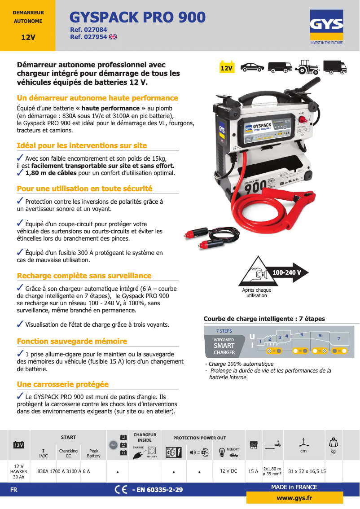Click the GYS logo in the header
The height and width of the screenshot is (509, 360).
[x=326, y=26]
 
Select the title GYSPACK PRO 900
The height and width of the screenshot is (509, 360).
[x=138, y=17]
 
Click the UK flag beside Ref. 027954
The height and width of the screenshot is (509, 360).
[x=113, y=37]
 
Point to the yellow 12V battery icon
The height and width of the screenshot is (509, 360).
[x=227, y=67]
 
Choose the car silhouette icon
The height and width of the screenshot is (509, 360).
[x=252, y=67]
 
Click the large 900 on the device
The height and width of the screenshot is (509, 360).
[x=256, y=185]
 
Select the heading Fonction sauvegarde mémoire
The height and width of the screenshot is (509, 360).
[x=72, y=341]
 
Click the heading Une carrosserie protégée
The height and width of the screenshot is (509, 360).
[x=62, y=384]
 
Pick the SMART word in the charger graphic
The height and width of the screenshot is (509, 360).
[x=224, y=346]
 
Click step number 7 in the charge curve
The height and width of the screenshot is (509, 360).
[x=339, y=338]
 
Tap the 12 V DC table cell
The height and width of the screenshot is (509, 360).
[x=229, y=471]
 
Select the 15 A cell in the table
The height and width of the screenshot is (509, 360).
[x=253, y=471]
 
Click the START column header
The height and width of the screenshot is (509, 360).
[x=68, y=437]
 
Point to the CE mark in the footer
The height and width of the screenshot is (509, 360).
[x=121, y=490]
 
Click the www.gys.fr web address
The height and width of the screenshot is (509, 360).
[x=294, y=498]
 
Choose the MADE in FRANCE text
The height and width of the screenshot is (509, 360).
[x=294, y=487]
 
